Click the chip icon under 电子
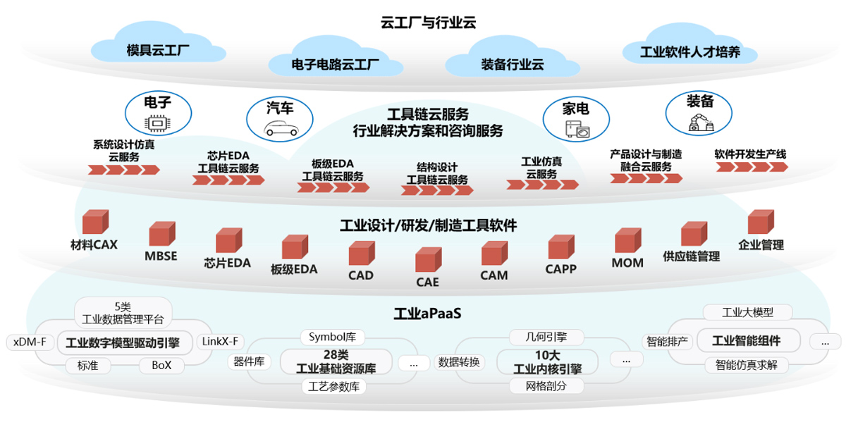(157, 123)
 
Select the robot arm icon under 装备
(700, 122)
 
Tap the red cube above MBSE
(161, 234)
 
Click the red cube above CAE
(427, 260)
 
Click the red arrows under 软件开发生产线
(752, 167)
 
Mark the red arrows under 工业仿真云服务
(542, 185)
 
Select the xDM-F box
(30, 342)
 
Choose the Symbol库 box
(332, 337)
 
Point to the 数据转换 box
(459, 362)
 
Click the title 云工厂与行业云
(428, 22)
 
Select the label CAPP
(560, 268)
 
